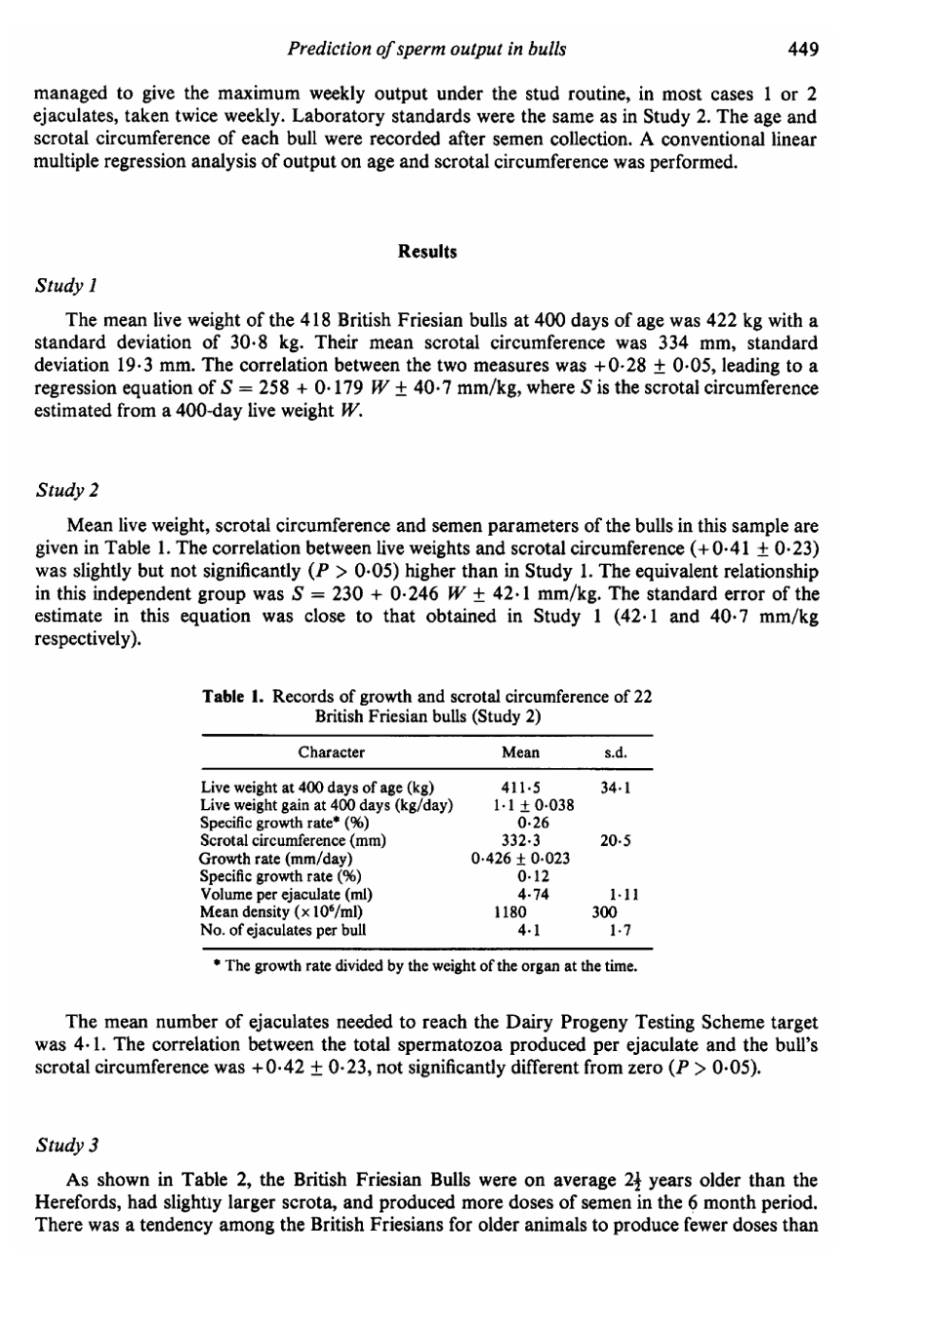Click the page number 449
click(801, 48)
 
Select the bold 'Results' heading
click(427, 251)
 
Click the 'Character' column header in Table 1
click(331, 752)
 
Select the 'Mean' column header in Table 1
click(520, 752)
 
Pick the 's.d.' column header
click(615, 752)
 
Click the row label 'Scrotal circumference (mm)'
click(293, 840)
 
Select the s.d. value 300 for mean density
click(605, 911)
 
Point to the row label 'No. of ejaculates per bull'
click(283, 929)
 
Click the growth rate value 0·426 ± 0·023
click(520, 859)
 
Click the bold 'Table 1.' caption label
click(233, 696)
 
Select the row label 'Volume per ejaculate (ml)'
click(287, 894)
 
